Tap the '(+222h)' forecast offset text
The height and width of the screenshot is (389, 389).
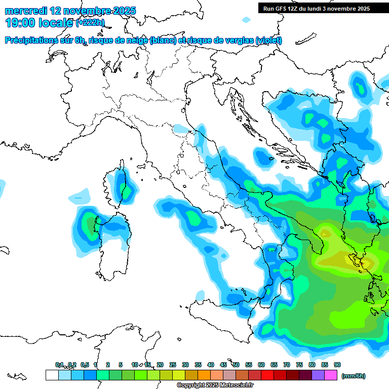pyautogui.click(x=90, y=23)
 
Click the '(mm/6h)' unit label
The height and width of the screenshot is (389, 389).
pyautogui.click(x=353, y=376)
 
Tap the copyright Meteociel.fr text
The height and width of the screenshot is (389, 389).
pyautogui.click(x=215, y=385)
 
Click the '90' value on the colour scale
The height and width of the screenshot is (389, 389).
pyautogui.click(x=337, y=365)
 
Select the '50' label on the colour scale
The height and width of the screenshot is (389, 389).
pyautogui.click(x=236, y=365)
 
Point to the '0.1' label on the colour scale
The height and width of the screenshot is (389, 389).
pyautogui.click(x=59, y=365)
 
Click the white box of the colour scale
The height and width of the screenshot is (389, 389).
pyautogui.click(x=52, y=375)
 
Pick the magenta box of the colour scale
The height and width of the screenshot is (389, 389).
pyautogui.click(x=331, y=375)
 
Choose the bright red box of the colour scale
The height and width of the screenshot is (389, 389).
pyautogui.click(x=267, y=375)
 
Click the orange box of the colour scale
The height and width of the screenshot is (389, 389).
pyautogui.click(x=204, y=375)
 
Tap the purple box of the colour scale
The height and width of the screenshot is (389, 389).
pyautogui.click(x=318, y=375)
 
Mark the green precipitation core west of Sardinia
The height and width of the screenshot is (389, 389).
pyautogui.click(x=90, y=223)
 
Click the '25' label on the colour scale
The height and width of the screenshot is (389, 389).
pyautogui.click(x=173, y=365)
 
